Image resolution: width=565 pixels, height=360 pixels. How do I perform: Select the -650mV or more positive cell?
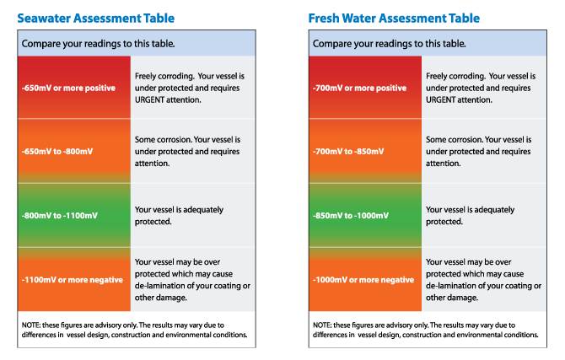pos(73,88)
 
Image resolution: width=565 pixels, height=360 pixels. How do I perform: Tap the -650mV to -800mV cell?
pos(73,151)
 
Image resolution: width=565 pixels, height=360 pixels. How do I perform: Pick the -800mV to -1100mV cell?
pos(73,216)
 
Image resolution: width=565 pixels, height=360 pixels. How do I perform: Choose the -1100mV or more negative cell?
pos(73,279)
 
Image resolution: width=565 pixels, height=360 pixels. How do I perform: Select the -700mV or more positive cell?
pos(363,88)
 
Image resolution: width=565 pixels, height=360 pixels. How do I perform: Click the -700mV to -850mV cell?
pos(363,151)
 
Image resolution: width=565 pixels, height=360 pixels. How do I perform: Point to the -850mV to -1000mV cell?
pos(363,216)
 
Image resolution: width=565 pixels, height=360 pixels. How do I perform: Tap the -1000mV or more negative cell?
pos(363,279)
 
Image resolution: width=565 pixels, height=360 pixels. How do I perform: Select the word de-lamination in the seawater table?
pos(161,286)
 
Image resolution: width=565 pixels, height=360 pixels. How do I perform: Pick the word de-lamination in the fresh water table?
pos(452,286)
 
